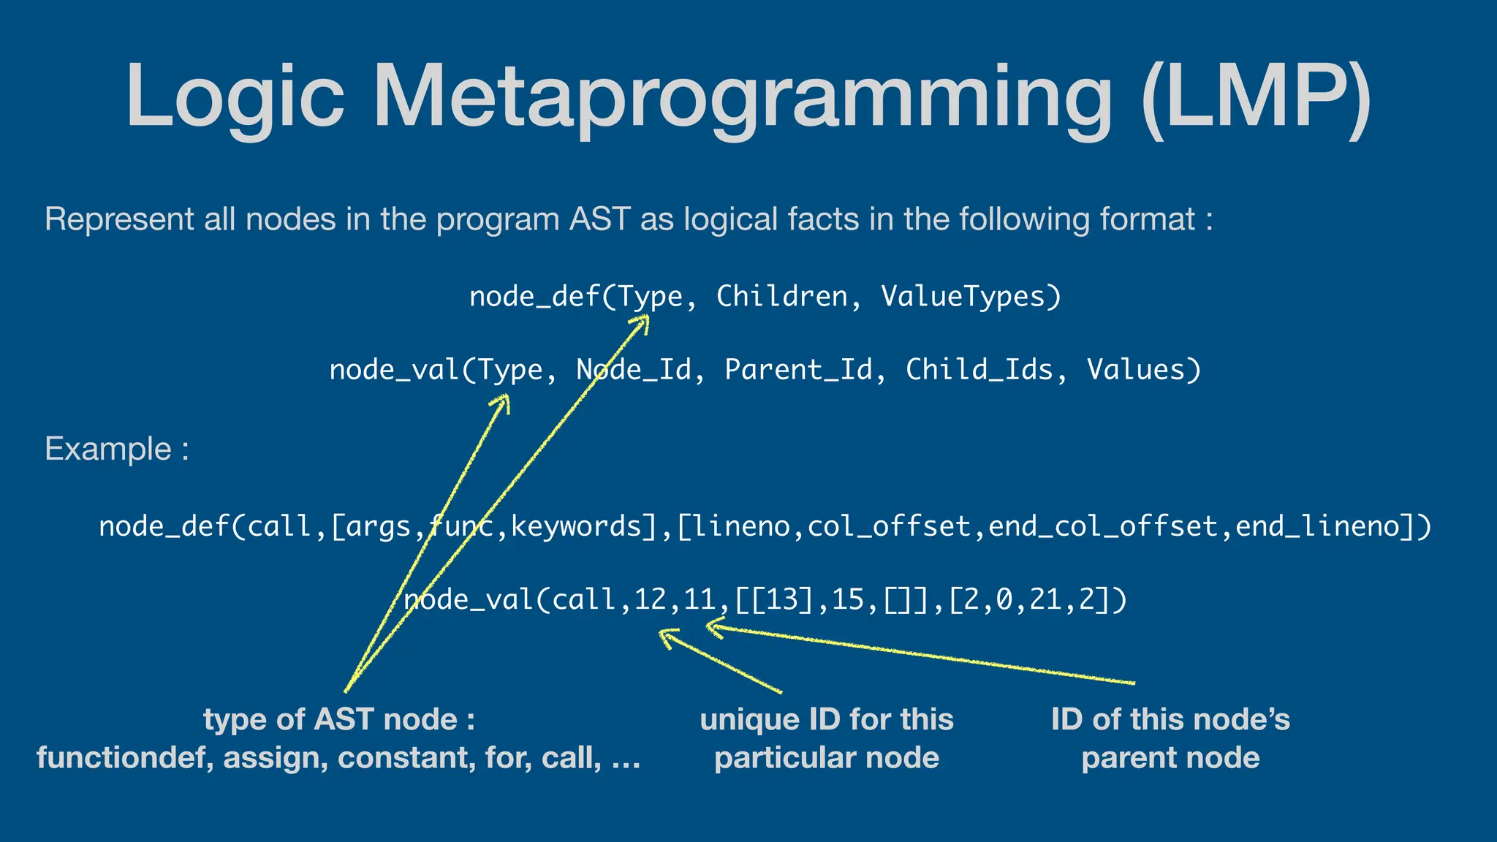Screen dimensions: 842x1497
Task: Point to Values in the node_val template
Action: point(1143,370)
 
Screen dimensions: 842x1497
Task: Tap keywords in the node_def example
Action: point(576,526)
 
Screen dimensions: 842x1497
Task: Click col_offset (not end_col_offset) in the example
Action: point(889,526)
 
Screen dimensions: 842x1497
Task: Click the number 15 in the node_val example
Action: point(848,600)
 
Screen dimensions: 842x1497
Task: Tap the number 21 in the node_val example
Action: point(1045,600)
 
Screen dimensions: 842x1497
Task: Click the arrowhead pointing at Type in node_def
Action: point(643,322)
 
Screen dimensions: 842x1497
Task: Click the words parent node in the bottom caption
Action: point(1170,758)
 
